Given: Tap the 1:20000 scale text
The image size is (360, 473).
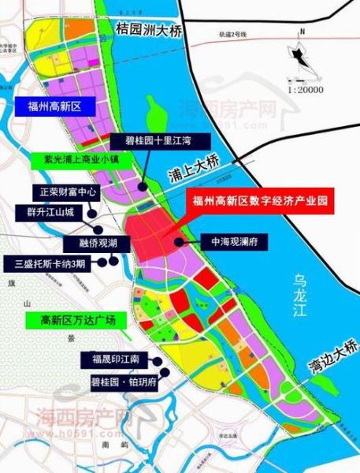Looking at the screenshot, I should point(306,89).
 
